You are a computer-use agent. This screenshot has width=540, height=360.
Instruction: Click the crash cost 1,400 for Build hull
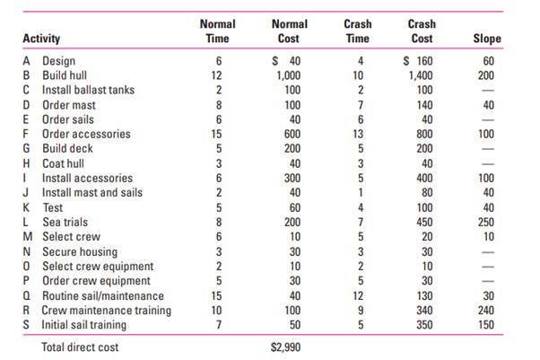[x=423, y=75]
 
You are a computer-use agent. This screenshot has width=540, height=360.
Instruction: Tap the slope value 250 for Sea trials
[x=491, y=222]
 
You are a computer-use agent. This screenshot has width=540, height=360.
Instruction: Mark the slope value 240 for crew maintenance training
[x=491, y=310]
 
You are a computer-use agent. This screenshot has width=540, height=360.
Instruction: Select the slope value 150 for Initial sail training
[x=491, y=324]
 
